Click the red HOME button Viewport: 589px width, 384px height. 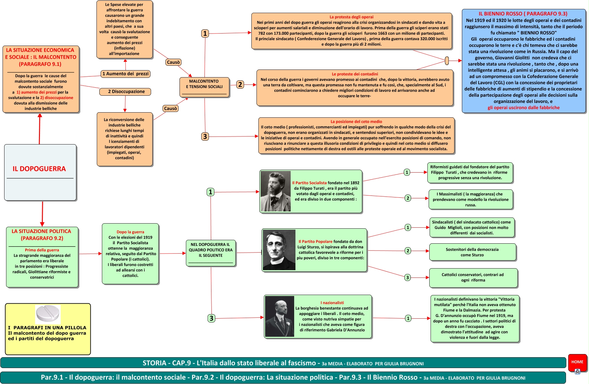coord(577,362)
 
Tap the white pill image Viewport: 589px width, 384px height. coord(48,314)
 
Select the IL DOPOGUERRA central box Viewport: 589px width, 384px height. coord(40,172)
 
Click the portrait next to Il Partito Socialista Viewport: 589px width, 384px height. coord(275,191)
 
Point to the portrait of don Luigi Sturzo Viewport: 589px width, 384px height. coord(279,250)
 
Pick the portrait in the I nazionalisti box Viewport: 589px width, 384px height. coord(280,316)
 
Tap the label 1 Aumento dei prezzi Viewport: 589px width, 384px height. coord(125,74)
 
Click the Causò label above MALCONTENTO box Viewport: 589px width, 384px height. coord(173,62)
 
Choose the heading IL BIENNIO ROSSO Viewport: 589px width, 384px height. coord(523,14)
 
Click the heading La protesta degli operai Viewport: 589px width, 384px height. coord(351,17)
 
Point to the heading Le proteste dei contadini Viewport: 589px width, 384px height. coord(355,74)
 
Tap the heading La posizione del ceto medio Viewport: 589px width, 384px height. coord(356,122)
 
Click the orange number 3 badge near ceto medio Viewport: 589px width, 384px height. coord(205,137)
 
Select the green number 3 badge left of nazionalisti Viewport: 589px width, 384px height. coord(211,318)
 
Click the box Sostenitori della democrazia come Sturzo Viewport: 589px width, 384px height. coord(472,252)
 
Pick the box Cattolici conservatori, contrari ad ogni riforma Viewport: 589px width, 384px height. coord(473,277)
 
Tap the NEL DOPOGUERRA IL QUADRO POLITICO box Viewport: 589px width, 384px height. coord(211,253)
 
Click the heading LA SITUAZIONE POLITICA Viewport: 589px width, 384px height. coord(42,235)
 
